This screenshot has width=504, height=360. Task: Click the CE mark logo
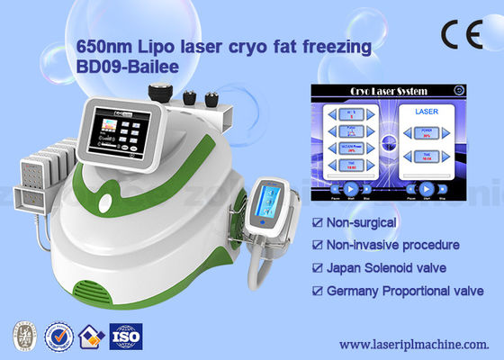pyautogui.click(x=464, y=33)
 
